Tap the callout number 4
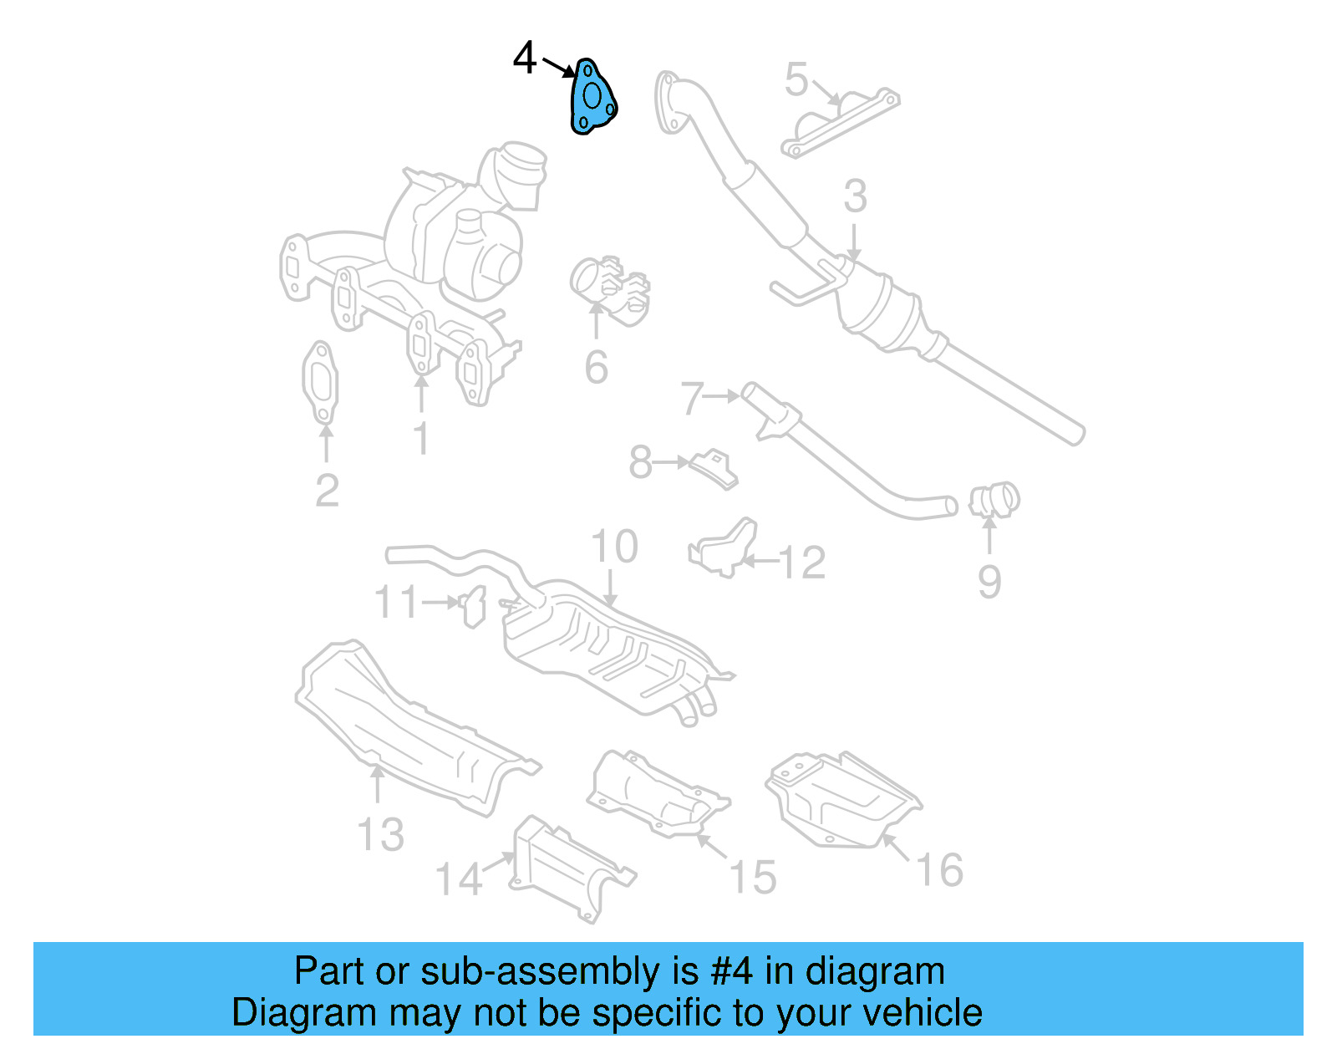point(525,59)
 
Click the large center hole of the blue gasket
point(592,97)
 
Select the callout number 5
point(796,79)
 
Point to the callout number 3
point(854,196)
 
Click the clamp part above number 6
point(610,288)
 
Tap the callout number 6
point(596,368)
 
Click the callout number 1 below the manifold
point(421,438)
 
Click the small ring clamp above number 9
point(994,500)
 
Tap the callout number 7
point(692,399)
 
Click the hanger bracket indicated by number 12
point(724,547)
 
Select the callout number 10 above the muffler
point(614,547)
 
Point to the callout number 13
point(380,834)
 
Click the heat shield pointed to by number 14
point(568,869)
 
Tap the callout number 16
point(940,871)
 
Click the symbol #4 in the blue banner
point(732,972)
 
